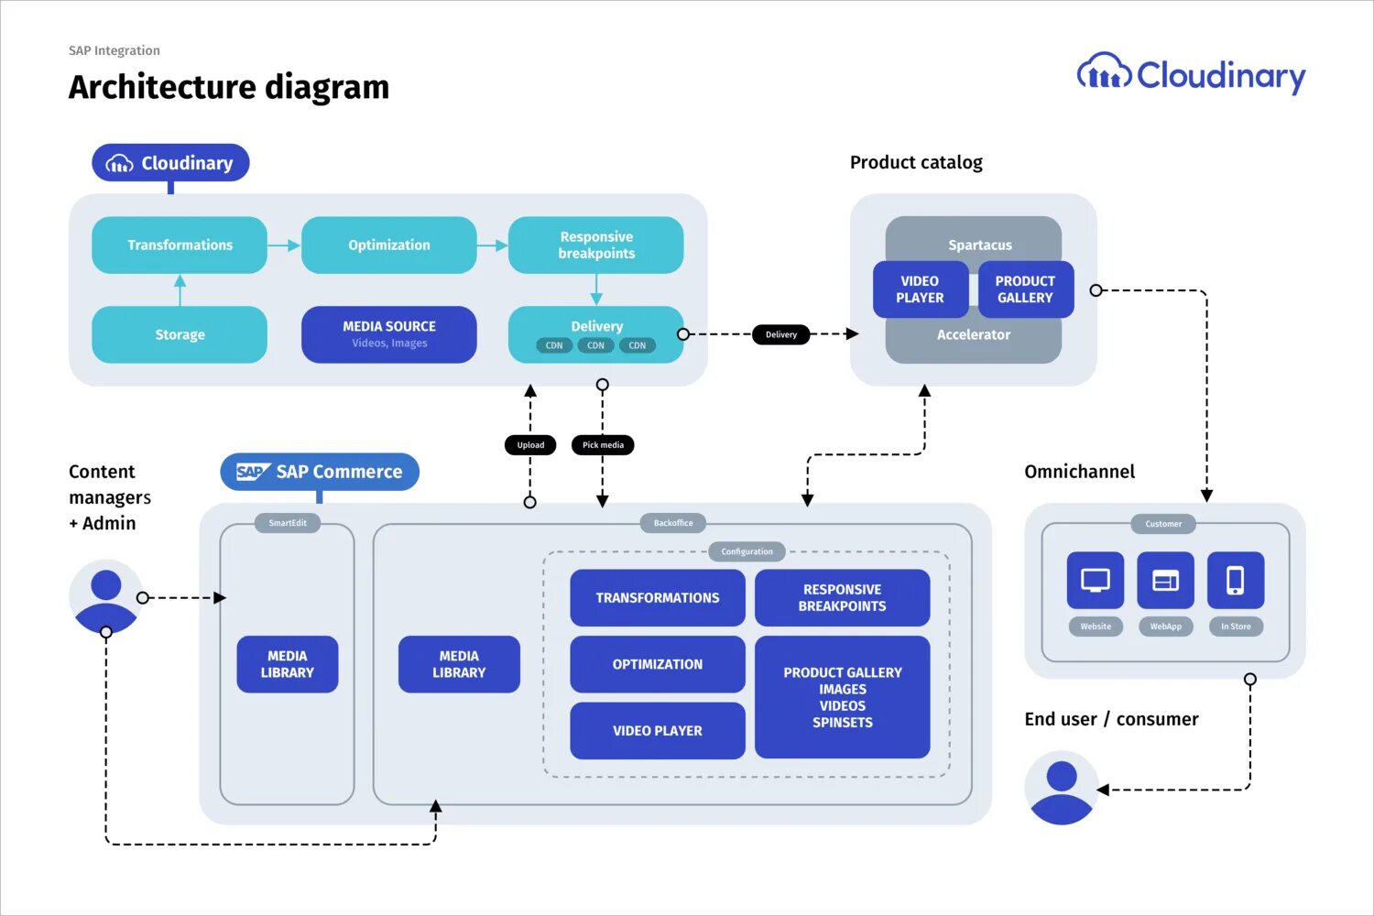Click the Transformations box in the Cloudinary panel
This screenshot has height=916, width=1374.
[x=180, y=245]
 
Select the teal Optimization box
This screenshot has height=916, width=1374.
[x=388, y=245]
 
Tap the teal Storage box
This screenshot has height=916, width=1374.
[x=180, y=334]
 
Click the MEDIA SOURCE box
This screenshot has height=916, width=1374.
[x=388, y=334]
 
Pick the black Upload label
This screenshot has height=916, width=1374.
[x=530, y=445]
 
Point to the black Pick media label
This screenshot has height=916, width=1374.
[x=603, y=445]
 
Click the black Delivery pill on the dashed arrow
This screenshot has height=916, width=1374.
[x=780, y=334]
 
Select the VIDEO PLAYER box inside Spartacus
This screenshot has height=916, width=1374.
[x=920, y=289]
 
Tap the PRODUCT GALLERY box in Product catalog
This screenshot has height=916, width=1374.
[x=1025, y=289]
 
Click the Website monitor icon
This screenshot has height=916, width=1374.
[x=1096, y=580]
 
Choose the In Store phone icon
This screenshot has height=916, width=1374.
[x=1236, y=580]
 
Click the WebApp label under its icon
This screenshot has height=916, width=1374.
[x=1165, y=627]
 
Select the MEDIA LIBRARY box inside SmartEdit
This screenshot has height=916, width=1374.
[x=287, y=664]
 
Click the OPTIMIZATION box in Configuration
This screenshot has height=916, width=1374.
[x=657, y=664]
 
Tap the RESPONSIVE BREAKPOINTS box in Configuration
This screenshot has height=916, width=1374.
[x=842, y=597]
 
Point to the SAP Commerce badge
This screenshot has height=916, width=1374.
[x=320, y=472]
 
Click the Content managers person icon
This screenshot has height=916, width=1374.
[x=106, y=596]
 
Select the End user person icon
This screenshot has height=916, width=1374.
[x=1062, y=788]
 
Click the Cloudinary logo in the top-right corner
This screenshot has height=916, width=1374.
[x=1191, y=75]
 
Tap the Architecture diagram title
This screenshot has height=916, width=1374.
[x=229, y=87]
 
